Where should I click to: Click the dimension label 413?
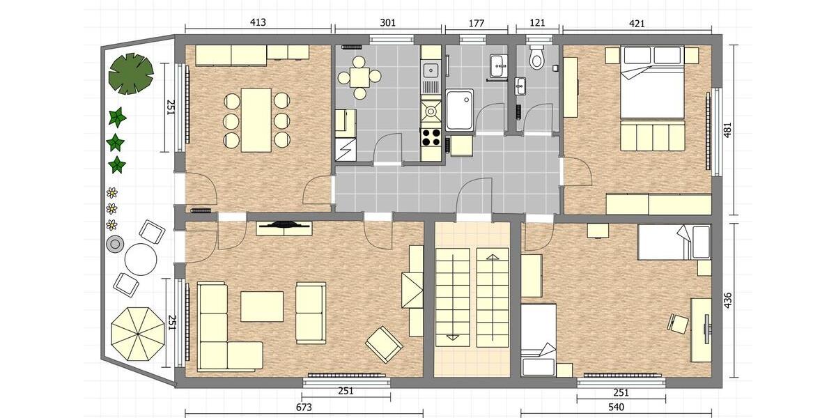click(258, 22)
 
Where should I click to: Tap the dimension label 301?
click(388, 22)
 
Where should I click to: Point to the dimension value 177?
click(477, 22)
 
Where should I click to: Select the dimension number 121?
click(536, 22)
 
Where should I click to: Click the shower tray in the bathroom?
click(460, 109)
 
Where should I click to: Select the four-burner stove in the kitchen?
click(431, 137)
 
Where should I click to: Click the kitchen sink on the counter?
click(431, 69)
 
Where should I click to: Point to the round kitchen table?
click(359, 76)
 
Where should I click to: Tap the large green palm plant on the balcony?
click(130, 73)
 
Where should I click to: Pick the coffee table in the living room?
click(262, 307)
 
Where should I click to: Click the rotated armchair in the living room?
click(384, 343)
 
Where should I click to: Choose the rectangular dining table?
click(256, 119)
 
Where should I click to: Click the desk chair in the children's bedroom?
click(678, 323)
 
